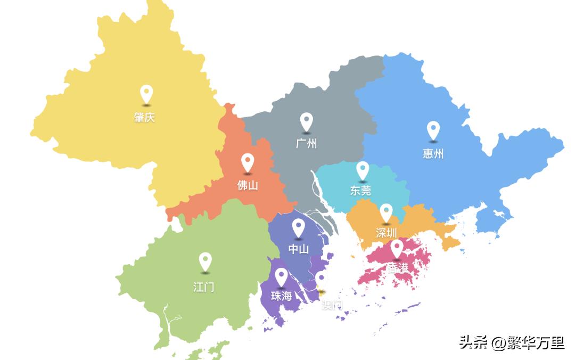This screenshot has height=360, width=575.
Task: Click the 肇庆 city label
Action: click(x=144, y=118)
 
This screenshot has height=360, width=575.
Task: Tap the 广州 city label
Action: click(x=306, y=144)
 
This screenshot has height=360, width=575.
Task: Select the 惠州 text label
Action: click(x=433, y=154)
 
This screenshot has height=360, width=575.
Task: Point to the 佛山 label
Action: click(x=248, y=185)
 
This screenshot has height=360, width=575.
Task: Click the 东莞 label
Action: click(x=360, y=191)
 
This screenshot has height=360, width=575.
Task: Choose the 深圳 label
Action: click(x=386, y=233)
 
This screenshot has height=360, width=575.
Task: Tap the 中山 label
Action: click(x=298, y=249)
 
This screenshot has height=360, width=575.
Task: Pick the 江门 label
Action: click(x=204, y=287)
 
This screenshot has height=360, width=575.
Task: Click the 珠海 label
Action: click(x=281, y=296)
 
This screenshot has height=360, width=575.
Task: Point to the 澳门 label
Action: click(x=332, y=306)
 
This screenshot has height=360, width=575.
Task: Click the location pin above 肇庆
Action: click(x=146, y=94)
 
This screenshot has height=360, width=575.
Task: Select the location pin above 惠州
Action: click(x=433, y=130)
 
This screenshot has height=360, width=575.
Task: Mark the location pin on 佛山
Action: click(x=247, y=162)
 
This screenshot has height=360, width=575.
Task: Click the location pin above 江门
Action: click(x=205, y=261)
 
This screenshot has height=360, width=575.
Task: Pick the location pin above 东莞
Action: click(x=363, y=170)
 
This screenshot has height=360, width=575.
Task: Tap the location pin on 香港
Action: click(x=397, y=248)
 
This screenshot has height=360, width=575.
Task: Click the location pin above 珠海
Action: click(x=281, y=276)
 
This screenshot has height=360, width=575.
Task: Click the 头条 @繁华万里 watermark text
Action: click(x=512, y=342)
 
